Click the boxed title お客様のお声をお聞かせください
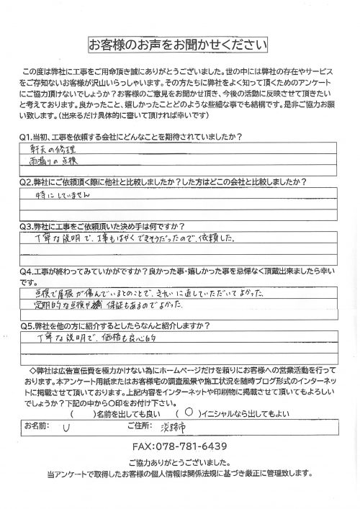(x=179, y=44)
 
